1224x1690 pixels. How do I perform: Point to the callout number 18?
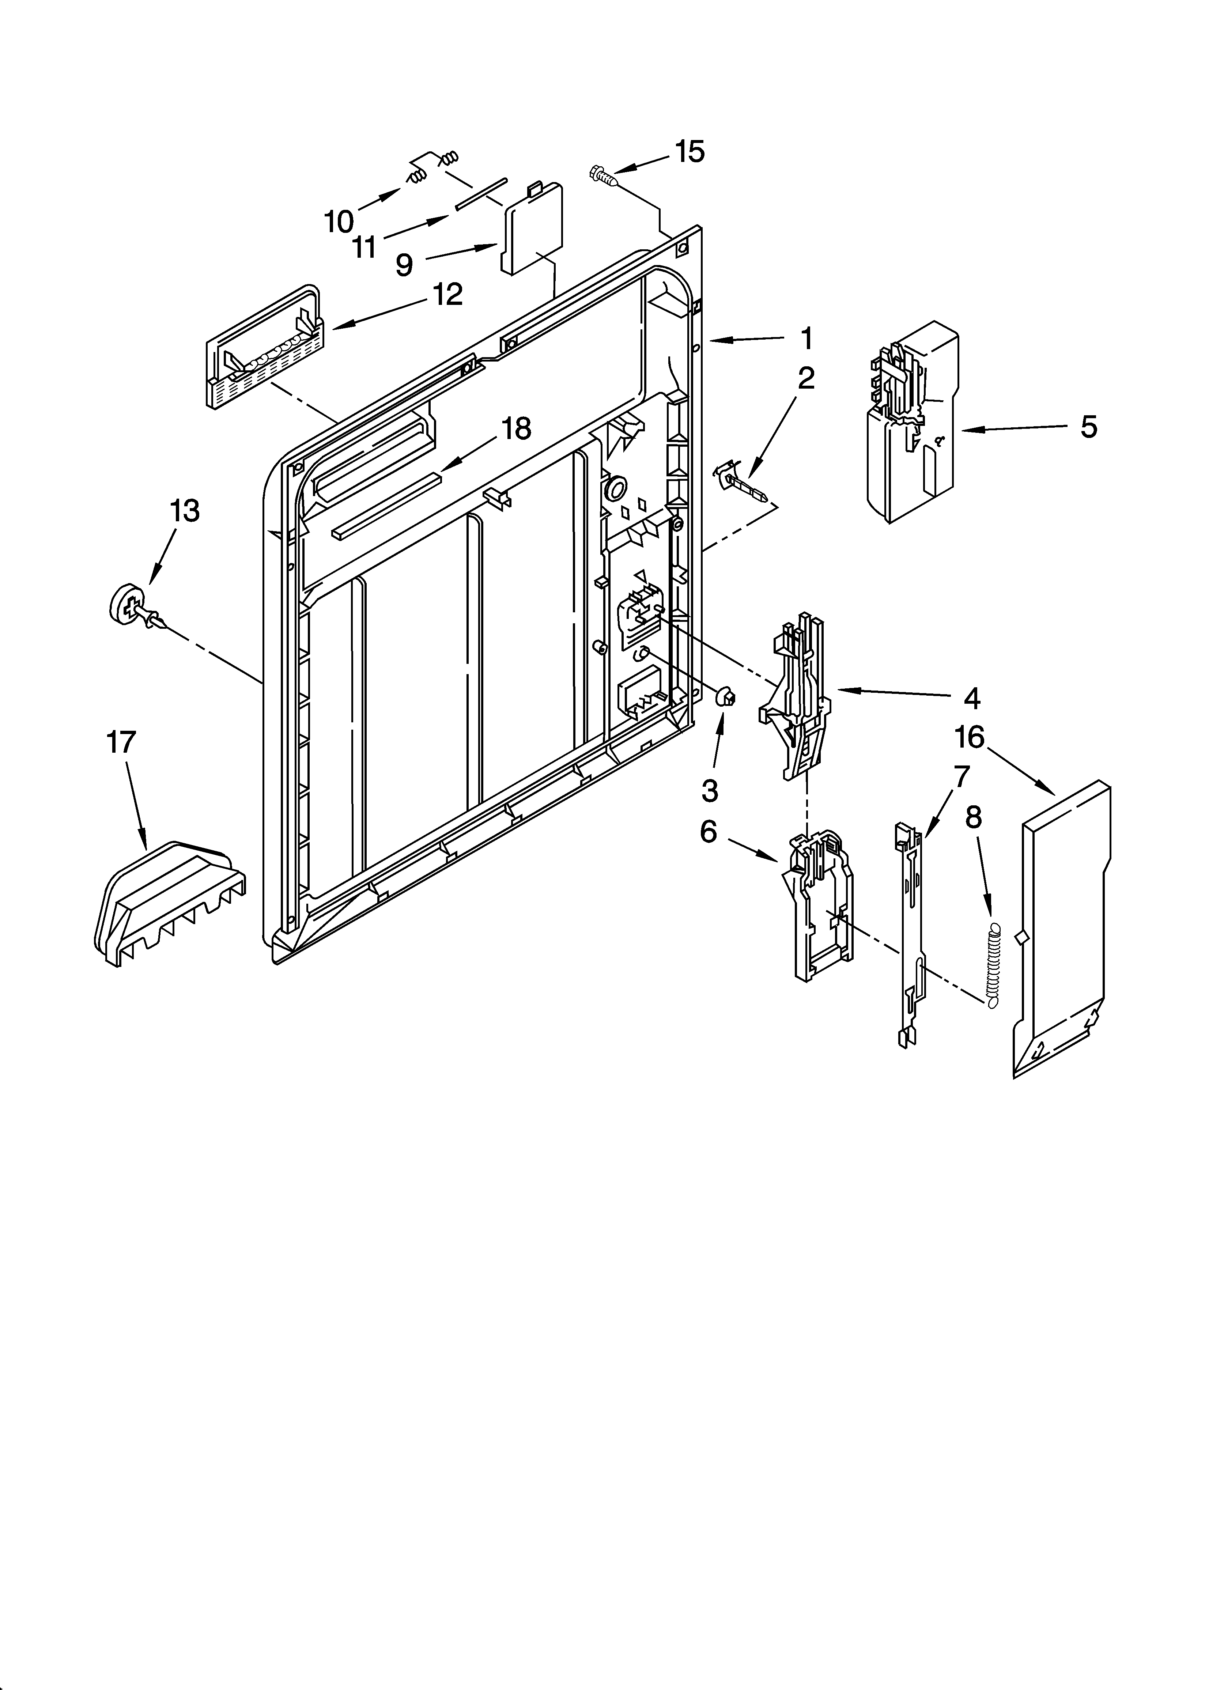point(516,428)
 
